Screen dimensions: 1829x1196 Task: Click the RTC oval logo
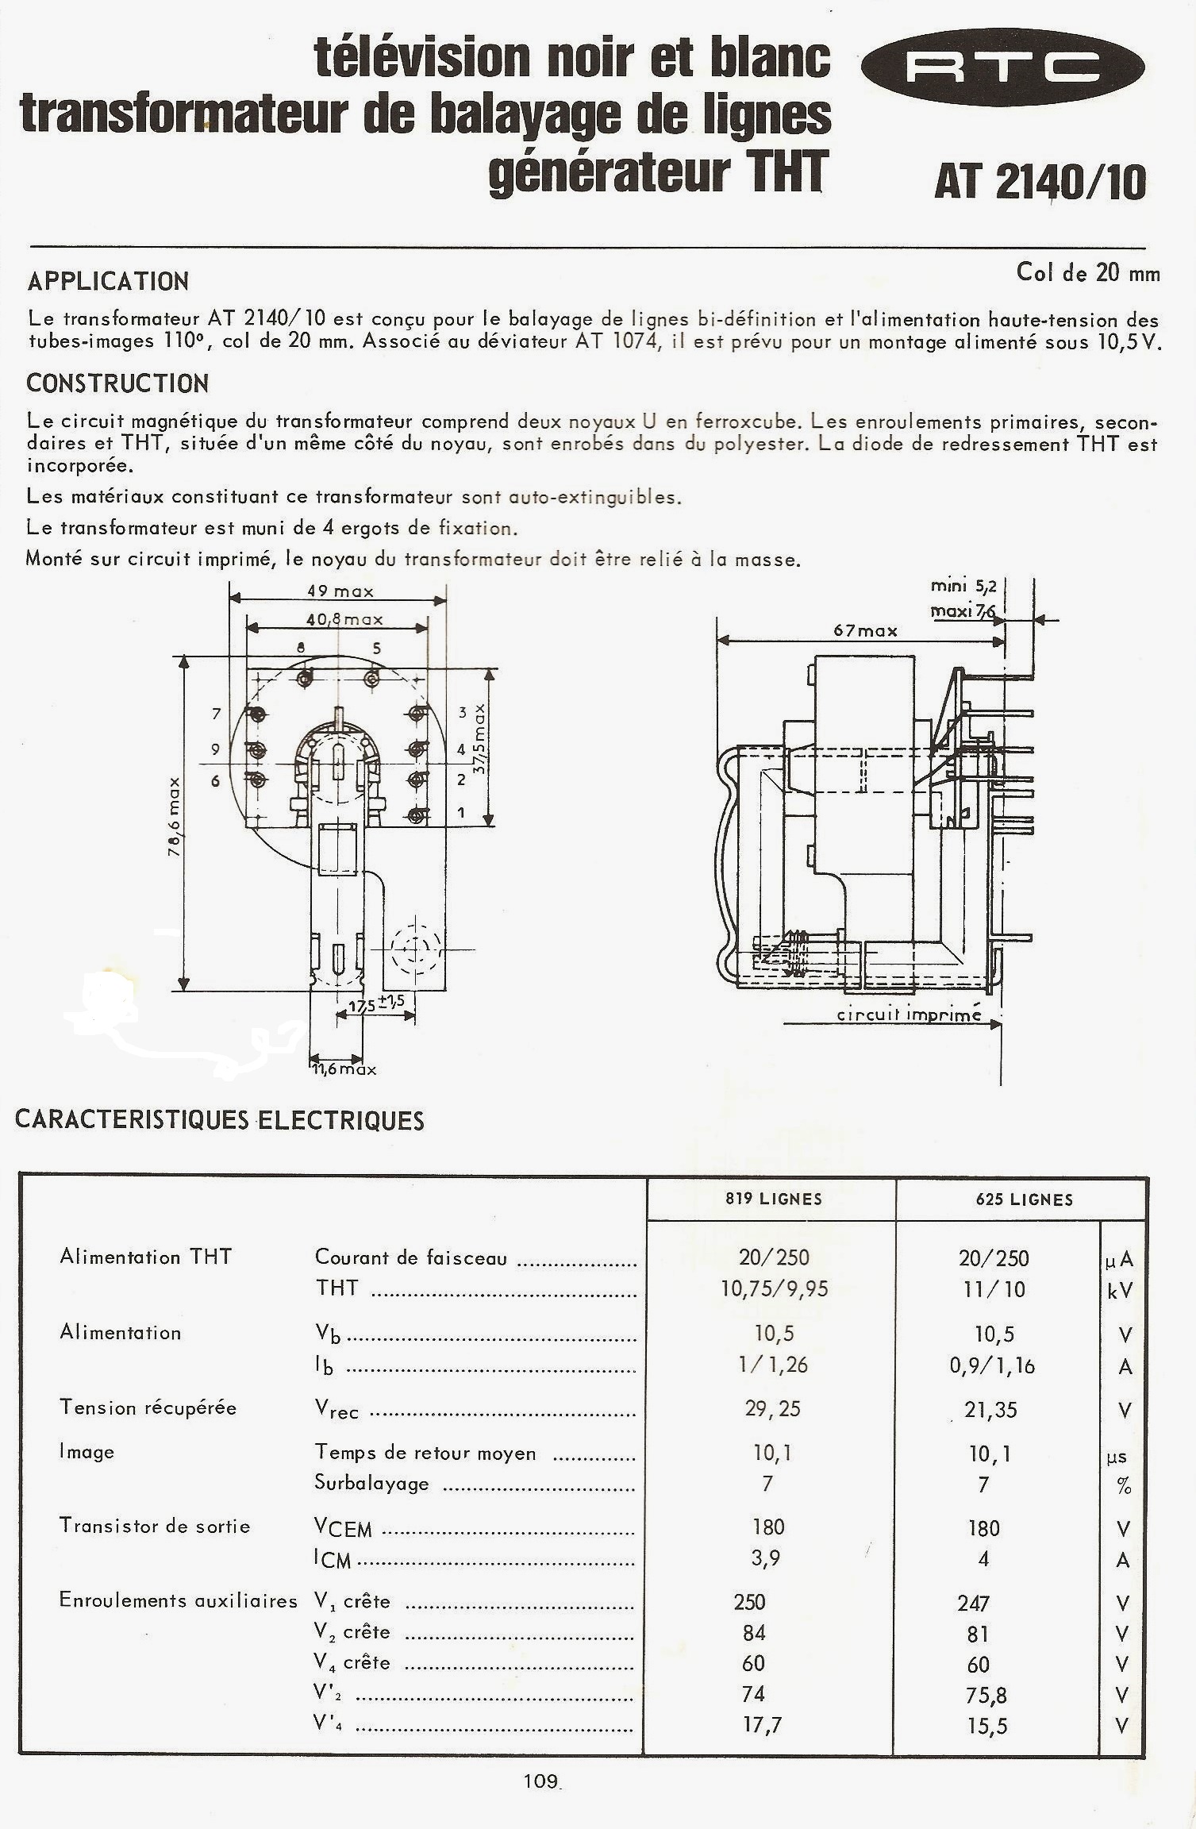coord(1002,67)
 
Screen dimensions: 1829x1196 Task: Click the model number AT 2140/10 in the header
coord(1040,182)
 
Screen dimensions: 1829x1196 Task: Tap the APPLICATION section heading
coord(108,282)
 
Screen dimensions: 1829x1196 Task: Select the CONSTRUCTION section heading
coord(117,383)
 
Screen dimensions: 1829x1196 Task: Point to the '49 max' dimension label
coord(340,591)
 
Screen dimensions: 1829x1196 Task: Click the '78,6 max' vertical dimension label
coord(174,816)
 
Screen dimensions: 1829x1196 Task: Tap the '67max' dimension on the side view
coord(865,630)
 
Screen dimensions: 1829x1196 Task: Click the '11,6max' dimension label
coord(344,1069)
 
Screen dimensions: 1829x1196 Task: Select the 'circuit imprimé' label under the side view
coord(909,1015)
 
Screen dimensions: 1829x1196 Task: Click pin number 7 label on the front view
coord(216,714)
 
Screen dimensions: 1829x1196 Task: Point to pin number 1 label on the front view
coord(461,813)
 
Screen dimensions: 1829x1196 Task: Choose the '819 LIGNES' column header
coord(773,1199)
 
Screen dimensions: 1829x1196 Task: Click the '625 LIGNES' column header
coord(1024,1199)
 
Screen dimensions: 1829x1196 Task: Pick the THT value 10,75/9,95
coord(774,1289)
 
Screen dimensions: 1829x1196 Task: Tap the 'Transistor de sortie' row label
coord(155,1526)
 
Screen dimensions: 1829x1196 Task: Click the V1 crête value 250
coord(749,1601)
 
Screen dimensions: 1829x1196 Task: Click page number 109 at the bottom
coord(540,1781)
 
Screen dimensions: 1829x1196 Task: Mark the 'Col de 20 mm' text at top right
coord(1087,273)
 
